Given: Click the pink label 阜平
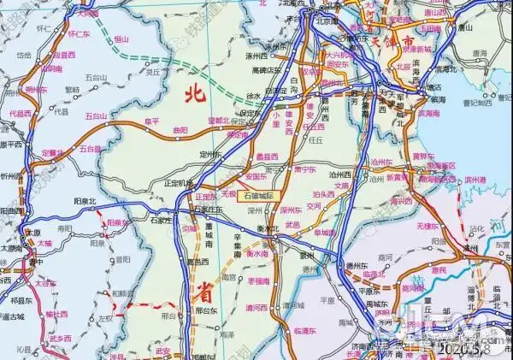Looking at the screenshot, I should click(x=151, y=121).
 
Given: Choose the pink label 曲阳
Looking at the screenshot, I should click(x=180, y=129).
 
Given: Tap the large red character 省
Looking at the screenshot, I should click(x=203, y=292).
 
